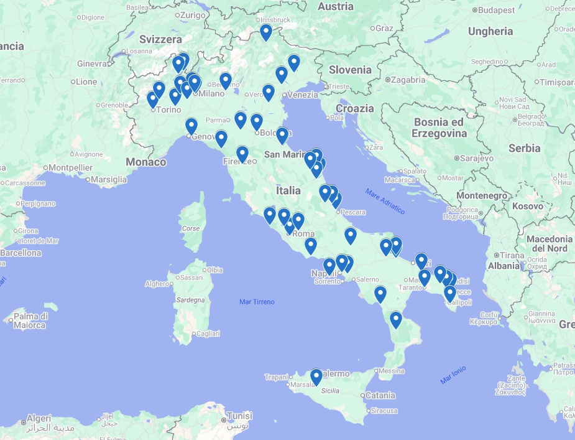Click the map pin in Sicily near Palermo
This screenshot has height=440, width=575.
[316, 377]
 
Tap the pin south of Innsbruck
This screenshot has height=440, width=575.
[266, 32]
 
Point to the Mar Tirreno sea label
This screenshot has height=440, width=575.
[257, 302]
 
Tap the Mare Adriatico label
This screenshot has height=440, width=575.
[385, 201]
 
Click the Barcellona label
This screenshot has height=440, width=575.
[21, 253]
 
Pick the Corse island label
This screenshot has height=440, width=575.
[191, 228]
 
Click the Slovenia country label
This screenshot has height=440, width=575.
[350, 70]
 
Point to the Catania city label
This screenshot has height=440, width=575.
[380, 395]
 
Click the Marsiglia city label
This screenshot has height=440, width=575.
[109, 179]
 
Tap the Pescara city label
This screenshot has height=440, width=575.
[352, 212]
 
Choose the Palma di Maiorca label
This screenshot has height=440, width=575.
[29, 321]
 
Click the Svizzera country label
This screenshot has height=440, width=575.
[161, 39]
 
